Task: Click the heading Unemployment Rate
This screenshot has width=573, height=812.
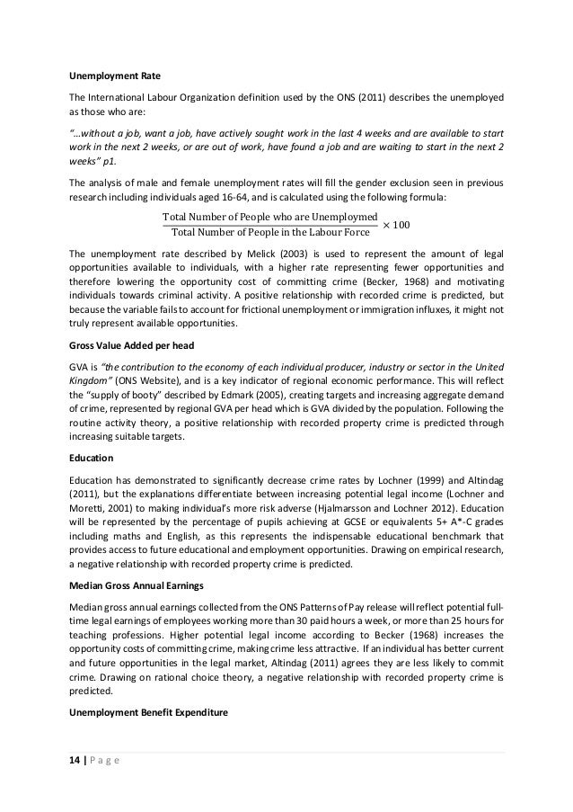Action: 109,74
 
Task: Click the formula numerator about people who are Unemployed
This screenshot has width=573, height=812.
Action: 269,217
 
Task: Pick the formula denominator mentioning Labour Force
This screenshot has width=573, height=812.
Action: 269,234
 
